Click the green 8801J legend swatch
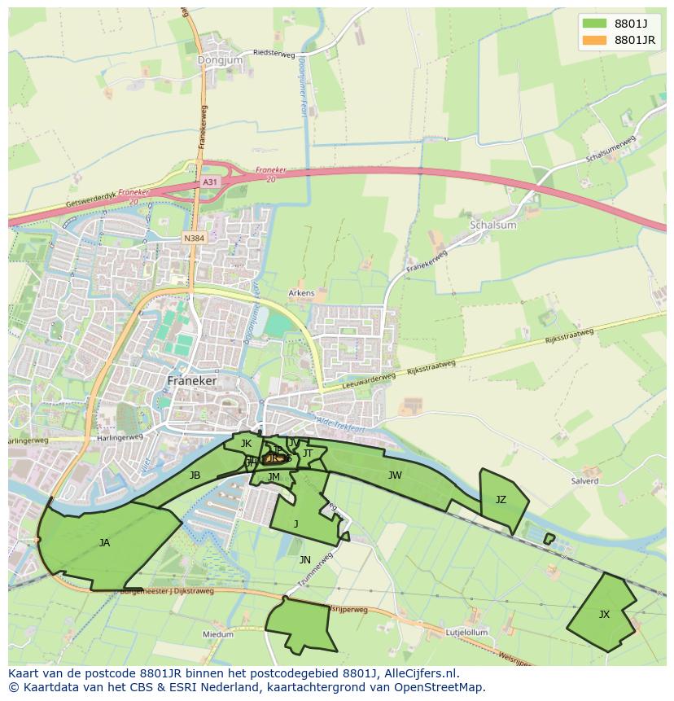[595, 24]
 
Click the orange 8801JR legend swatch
[595, 40]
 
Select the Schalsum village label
[493, 225]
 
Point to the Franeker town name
[191, 380]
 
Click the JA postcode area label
[104, 543]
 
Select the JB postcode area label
[195, 475]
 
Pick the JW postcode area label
[395, 475]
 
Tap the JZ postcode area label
[501, 500]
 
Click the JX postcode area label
[604, 615]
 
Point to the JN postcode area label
[304, 559]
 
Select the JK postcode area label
[246, 444]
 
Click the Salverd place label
[584, 481]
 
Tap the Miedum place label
[218, 634]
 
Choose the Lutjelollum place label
[466, 632]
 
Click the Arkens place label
[301, 293]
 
